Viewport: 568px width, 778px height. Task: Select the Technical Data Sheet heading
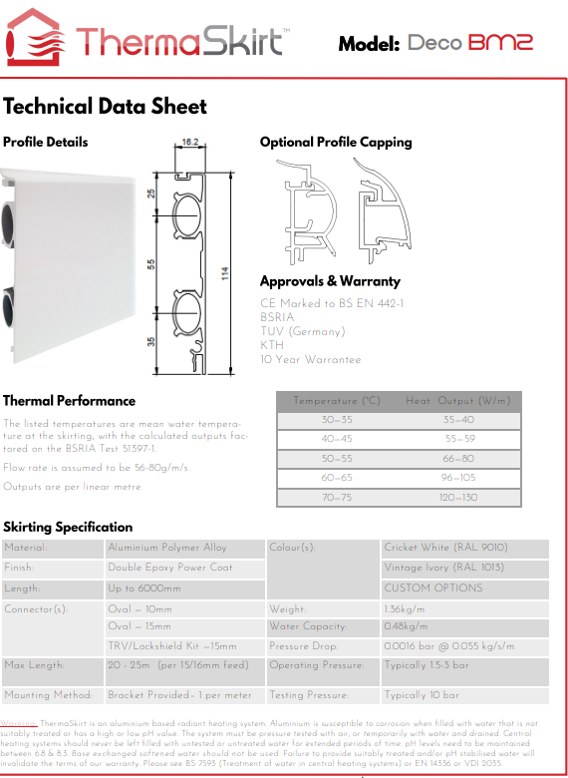pyautogui.click(x=105, y=107)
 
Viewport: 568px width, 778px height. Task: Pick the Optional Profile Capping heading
pyautogui.click(x=336, y=142)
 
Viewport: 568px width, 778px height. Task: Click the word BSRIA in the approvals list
pyautogui.click(x=277, y=317)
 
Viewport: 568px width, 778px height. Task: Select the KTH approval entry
pyautogui.click(x=272, y=345)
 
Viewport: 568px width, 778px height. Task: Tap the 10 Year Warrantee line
pyautogui.click(x=311, y=359)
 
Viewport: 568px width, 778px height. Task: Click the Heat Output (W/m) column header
pyautogui.click(x=460, y=401)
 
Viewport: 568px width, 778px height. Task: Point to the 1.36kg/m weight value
pyautogui.click(x=404, y=607)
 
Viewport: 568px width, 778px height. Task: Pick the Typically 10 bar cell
pyautogui.click(x=421, y=695)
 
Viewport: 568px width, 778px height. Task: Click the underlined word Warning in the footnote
pyautogui.click(x=20, y=723)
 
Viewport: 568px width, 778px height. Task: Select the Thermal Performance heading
pyautogui.click(x=69, y=400)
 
